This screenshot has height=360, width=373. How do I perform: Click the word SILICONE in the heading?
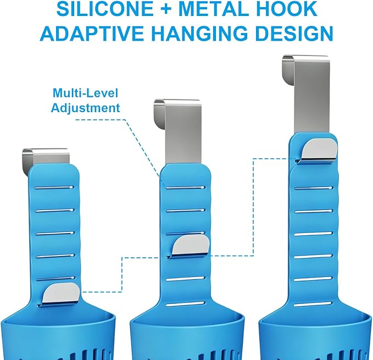pyautogui.click(x=105, y=9)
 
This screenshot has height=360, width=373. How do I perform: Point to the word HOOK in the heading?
pyautogui.click(x=284, y=9)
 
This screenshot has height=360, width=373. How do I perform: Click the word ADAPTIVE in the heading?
pyautogui.click(x=92, y=33)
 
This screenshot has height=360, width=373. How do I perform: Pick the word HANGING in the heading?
pyautogui.click(x=200, y=33)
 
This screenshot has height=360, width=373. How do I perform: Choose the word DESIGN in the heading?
pyautogui.click(x=294, y=33)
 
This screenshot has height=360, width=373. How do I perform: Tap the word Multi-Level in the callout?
pyautogui.click(x=85, y=93)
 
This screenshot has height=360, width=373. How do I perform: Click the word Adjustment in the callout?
pyautogui.click(x=85, y=108)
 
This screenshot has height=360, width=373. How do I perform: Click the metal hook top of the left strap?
pyautogui.click(x=45, y=157)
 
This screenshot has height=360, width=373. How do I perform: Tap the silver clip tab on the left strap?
pyautogui.click(x=61, y=294)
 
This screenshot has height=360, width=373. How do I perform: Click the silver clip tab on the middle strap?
pyautogui.click(x=191, y=246)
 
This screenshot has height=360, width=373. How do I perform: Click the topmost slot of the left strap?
pyautogui.click(x=54, y=187)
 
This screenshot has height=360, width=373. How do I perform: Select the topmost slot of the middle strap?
pyautogui.click(x=185, y=188)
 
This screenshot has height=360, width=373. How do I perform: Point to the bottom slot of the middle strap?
pyautogui.click(x=185, y=304)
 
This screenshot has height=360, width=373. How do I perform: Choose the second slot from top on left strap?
pyautogui.click(x=54, y=211)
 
